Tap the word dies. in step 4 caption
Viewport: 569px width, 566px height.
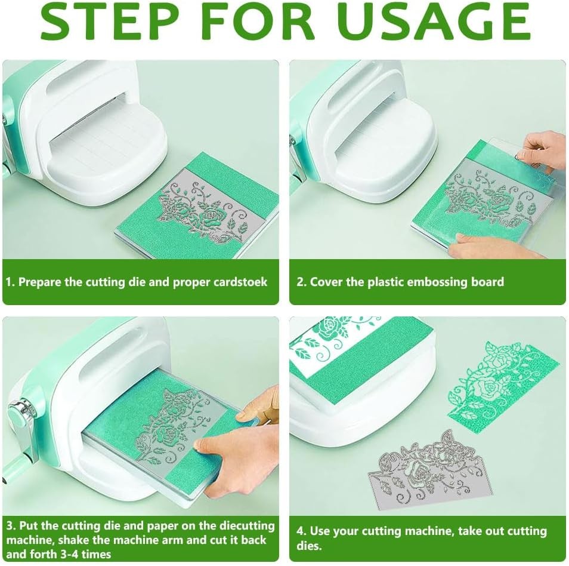tap(309, 546)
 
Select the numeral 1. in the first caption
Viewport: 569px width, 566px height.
tap(10, 282)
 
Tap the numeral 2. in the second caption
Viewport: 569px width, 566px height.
tap(302, 282)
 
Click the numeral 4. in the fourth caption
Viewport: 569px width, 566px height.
tap(302, 531)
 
